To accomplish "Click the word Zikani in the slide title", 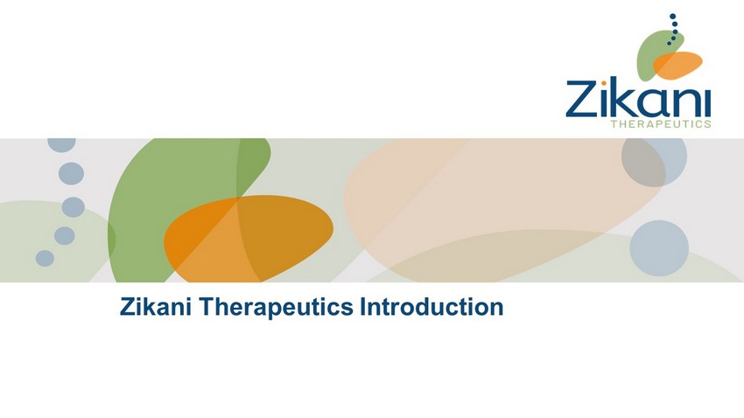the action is pyautogui.click(x=156, y=306).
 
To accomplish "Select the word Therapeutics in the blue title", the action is pyautogui.click(x=276, y=307).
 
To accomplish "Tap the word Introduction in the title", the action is pyautogui.click(x=432, y=306).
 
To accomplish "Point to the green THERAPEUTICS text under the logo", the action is pyautogui.click(x=661, y=124).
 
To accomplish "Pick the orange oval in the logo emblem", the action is pyautogui.click(x=677, y=65).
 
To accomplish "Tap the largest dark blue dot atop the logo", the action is pyautogui.click(x=672, y=17).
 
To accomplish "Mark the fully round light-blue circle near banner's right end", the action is pyautogui.click(x=659, y=247).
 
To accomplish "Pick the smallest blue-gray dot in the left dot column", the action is pyautogui.click(x=45, y=258).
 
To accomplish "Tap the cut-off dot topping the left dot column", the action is pyautogui.click(x=61, y=144).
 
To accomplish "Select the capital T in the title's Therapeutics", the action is pyautogui.click(x=207, y=306).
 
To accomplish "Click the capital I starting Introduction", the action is pyautogui.click(x=362, y=306).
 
